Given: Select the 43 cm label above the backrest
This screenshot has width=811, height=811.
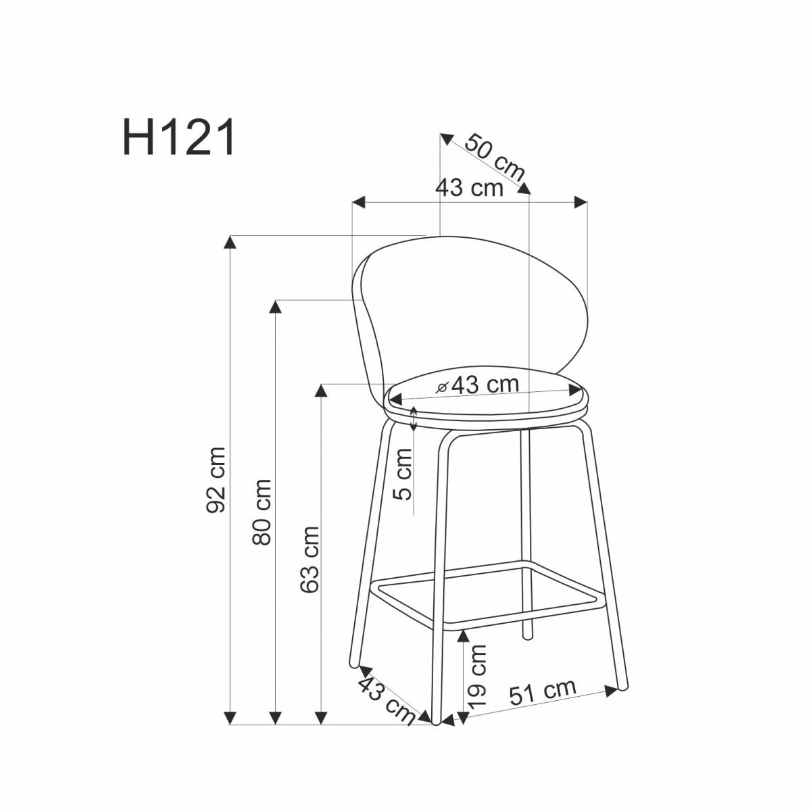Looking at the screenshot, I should [x=469, y=187].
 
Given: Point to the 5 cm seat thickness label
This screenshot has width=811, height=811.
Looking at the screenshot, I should [x=403, y=473].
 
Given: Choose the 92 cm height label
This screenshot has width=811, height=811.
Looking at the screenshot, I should [x=216, y=479].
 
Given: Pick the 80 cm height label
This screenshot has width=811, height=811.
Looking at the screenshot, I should [x=262, y=512].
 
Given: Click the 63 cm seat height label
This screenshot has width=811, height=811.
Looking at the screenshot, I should [x=309, y=560].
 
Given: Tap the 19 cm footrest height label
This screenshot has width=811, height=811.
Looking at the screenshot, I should [x=477, y=676].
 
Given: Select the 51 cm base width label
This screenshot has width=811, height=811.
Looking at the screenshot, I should [x=542, y=693].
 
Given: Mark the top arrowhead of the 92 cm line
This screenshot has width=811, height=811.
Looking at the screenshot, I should [x=231, y=242].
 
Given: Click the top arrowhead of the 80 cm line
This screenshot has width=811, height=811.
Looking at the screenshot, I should [x=275, y=306].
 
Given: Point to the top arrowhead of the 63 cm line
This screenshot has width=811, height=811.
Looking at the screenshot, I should [x=322, y=391].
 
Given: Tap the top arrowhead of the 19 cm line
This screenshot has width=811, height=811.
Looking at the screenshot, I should [x=463, y=636].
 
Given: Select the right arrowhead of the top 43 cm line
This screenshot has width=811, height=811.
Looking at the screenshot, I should [x=581, y=202].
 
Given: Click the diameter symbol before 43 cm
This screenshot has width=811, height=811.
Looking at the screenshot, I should [x=442, y=387].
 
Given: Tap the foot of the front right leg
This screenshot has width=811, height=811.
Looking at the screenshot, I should [x=622, y=686].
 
